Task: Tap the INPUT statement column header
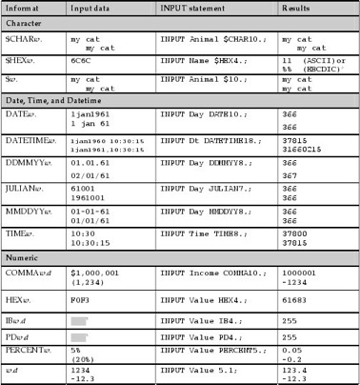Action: (x=195, y=8)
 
